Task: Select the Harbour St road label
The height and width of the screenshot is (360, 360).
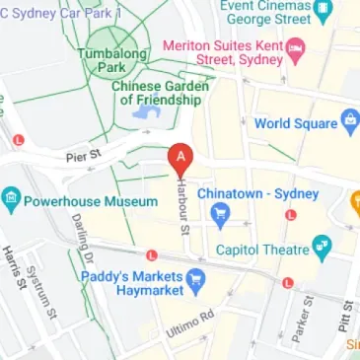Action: [182, 206]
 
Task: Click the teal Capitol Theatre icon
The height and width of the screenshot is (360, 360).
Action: [322, 248]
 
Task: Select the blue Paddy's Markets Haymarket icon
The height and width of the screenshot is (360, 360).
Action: [195, 279]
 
